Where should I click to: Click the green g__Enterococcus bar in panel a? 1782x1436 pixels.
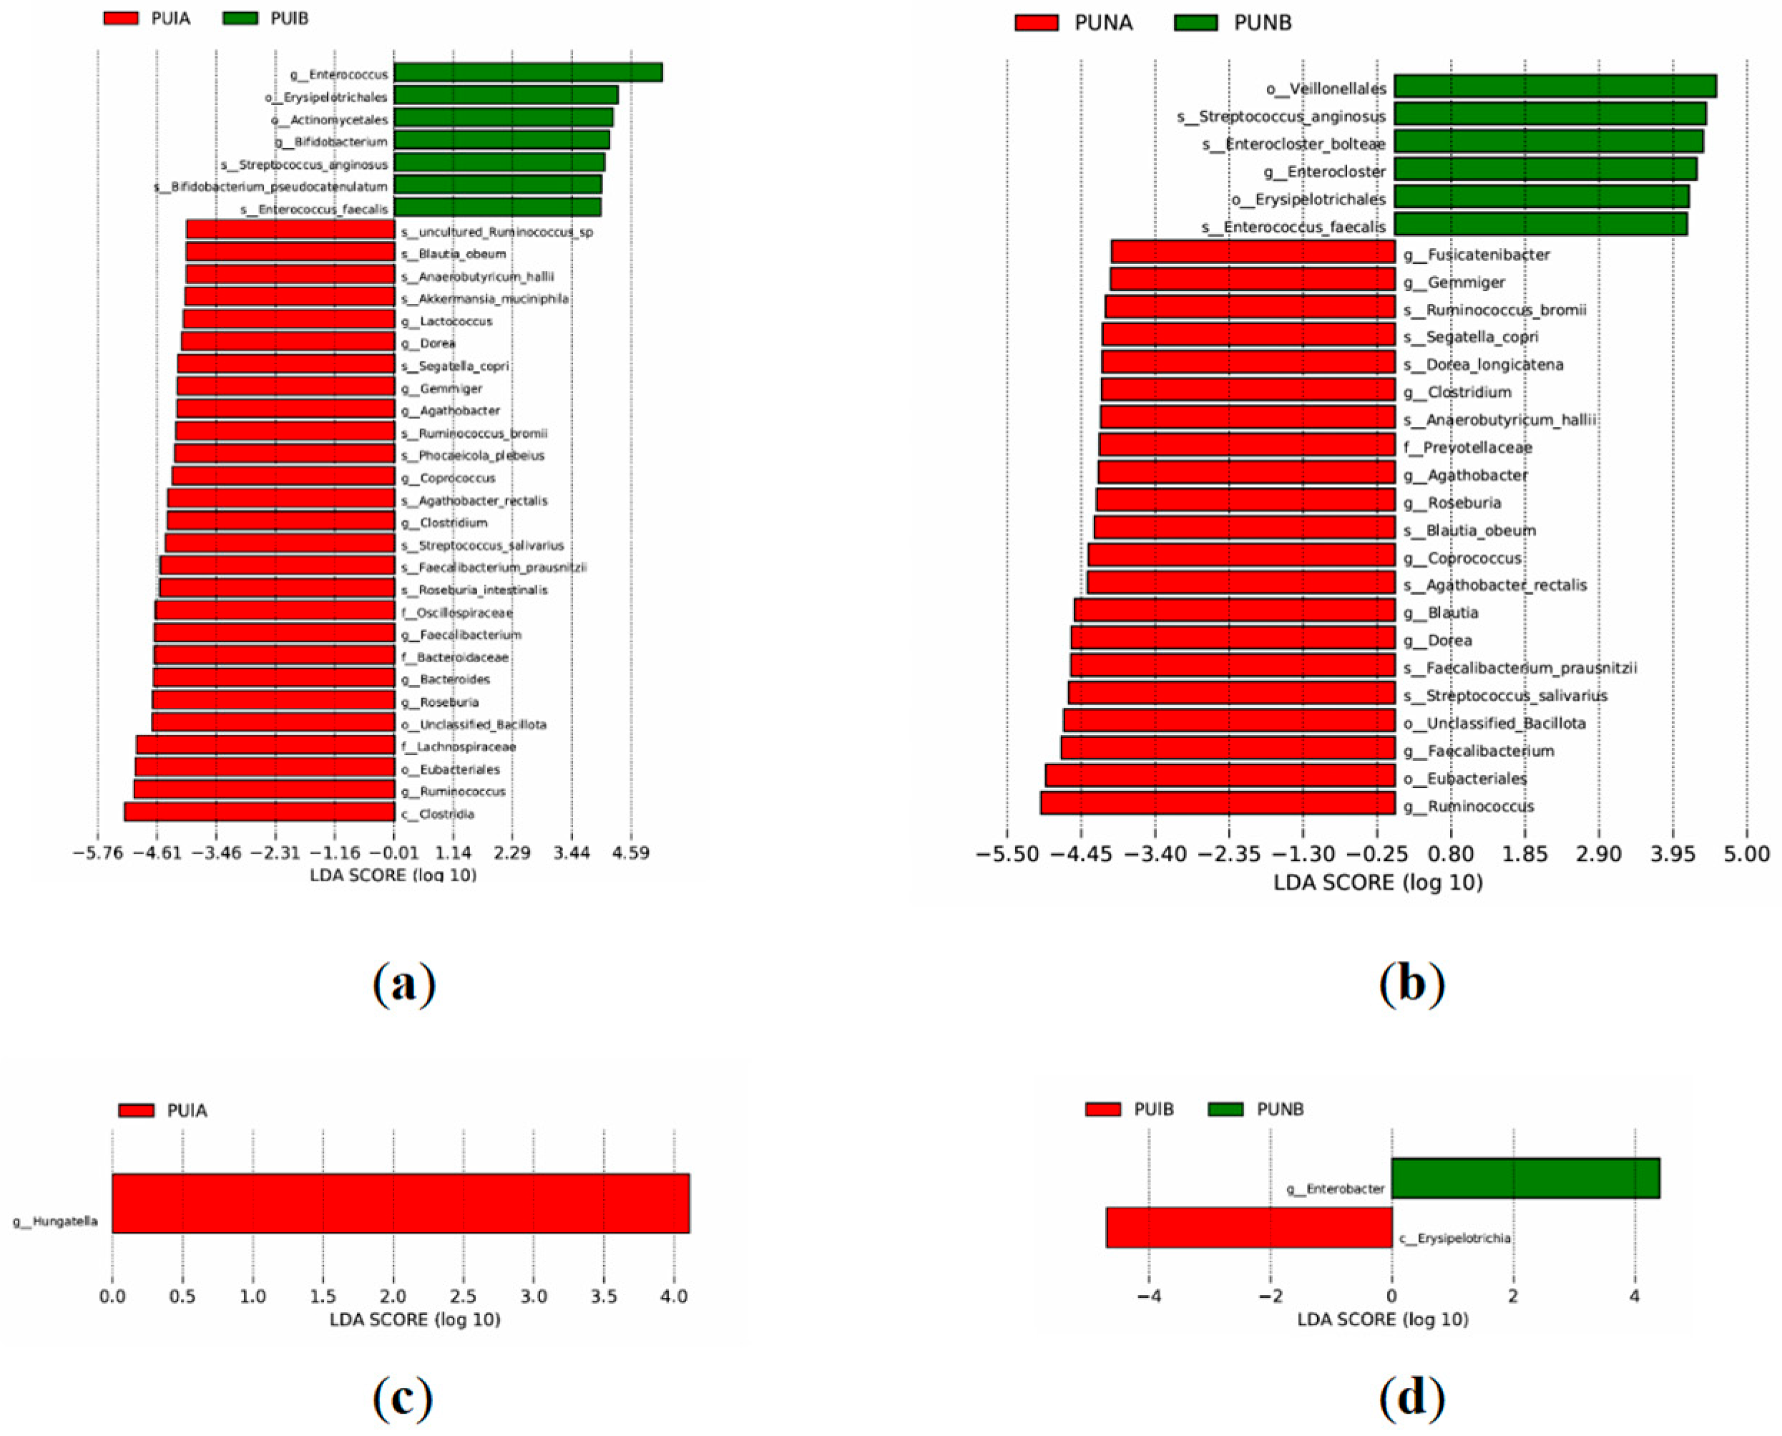(x=527, y=73)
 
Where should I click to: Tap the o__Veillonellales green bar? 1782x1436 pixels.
(x=1555, y=87)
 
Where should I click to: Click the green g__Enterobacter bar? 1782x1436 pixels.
(x=1524, y=1178)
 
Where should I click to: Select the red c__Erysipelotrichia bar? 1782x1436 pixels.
(x=1249, y=1228)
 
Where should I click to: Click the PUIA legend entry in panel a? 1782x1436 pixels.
(x=147, y=18)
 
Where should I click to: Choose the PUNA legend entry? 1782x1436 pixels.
(x=1073, y=22)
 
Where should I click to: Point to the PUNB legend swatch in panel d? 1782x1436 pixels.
(x=1225, y=1109)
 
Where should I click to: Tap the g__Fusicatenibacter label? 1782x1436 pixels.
(x=1476, y=255)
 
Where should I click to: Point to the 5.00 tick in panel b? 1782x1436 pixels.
(x=1746, y=854)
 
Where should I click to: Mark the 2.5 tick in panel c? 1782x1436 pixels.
(x=464, y=1297)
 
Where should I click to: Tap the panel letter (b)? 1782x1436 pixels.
(x=1411, y=983)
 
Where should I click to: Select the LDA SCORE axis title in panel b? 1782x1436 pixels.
(x=1377, y=882)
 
